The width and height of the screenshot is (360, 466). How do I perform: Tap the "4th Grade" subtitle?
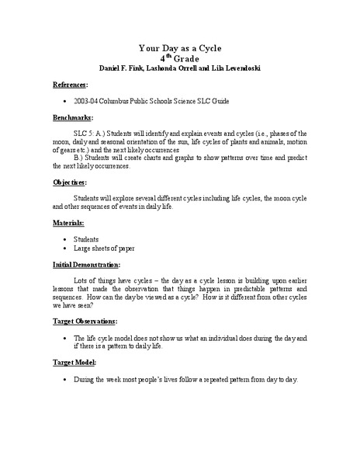coord(180,57)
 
